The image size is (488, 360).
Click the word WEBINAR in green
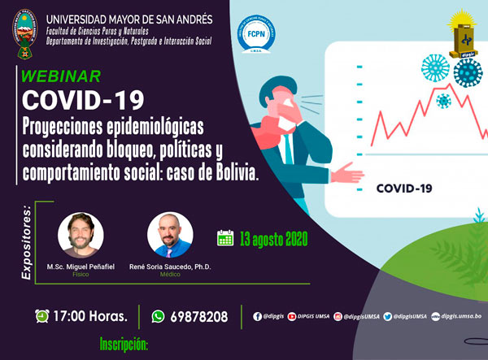coord(61,77)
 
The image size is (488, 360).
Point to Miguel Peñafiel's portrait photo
coord(81,236)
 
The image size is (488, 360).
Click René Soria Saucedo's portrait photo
coord(170,236)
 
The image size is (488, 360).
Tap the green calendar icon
coord(225,238)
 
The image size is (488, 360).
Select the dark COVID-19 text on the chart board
coord(404,189)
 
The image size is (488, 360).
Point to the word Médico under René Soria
coord(170,275)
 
